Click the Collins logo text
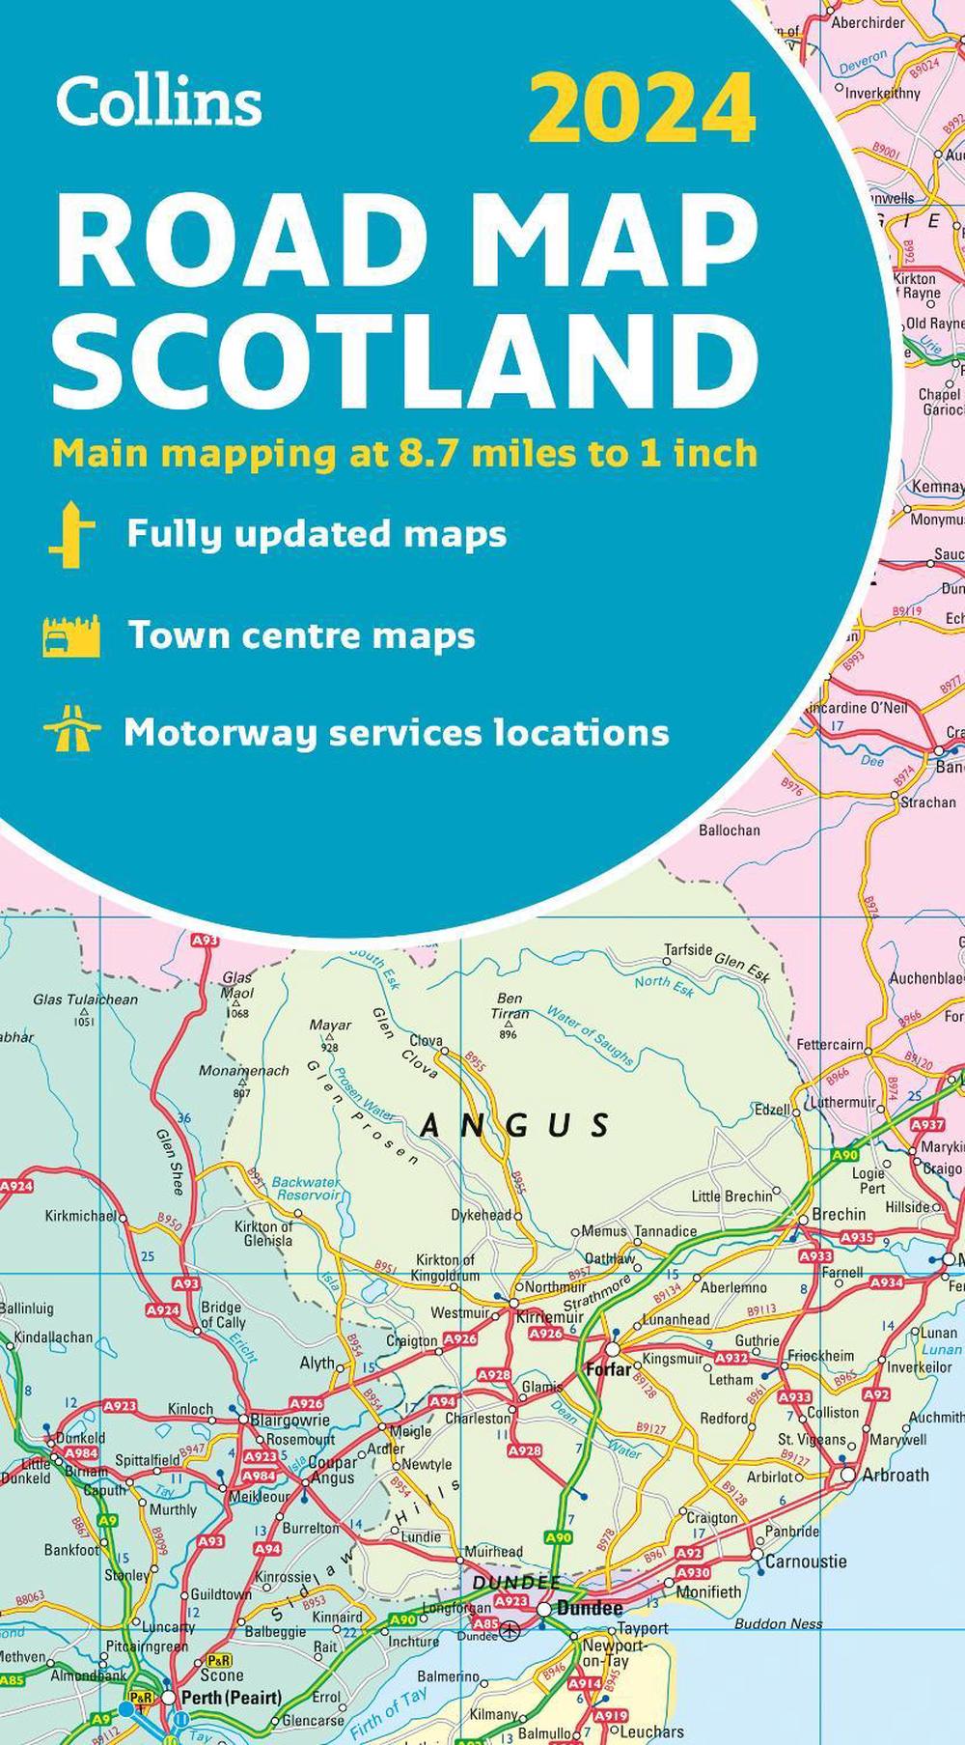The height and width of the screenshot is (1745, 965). pos(159,99)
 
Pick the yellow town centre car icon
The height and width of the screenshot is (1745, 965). pos(71,636)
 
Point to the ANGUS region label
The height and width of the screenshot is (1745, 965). pos(516,1125)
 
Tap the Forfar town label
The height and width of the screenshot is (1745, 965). pos(608,1368)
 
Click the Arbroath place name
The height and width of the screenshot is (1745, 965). pos(896,1475)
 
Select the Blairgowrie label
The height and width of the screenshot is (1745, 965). pos(289,1421)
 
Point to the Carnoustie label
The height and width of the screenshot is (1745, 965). pos(806,1561)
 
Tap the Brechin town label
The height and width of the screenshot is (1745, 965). pos(839,1214)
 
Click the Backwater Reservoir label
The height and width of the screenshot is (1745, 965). pos(306,1188)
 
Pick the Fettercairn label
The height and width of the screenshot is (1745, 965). pos(830,1044)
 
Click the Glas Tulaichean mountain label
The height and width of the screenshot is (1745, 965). pos(85,999)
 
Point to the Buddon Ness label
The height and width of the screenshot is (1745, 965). pos(779,1623)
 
